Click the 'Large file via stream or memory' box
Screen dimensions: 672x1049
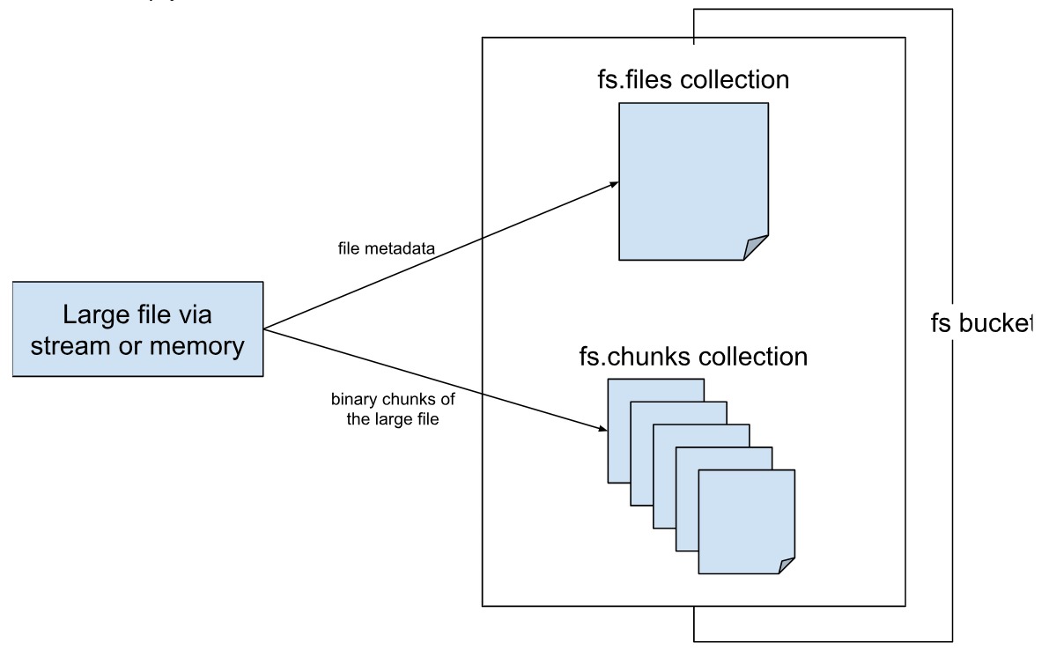click(x=137, y=329)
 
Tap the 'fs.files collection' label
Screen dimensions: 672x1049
click(x=692, y=80)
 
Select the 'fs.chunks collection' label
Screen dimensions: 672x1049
click(x=692, y=357)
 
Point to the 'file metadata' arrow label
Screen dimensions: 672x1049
click(x=386, y=249)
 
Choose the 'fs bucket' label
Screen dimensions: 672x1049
click(x=980, y=323)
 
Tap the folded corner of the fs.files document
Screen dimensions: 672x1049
click(x=757, y=248)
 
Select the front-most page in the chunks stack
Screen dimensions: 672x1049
click(x=745, y=520)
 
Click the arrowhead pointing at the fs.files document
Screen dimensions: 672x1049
click(x=613, y=183)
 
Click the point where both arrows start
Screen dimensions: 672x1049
click(x=264, y=329)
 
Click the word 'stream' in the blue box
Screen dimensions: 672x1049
click(x=72, y=346)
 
